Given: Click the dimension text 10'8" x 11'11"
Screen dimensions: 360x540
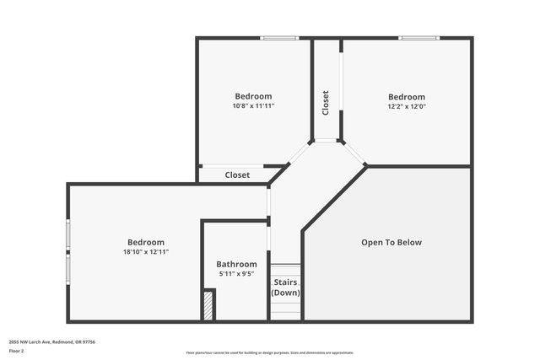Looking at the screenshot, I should (x=253, y=106).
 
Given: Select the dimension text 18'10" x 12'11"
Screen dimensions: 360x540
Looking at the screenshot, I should (x=146, y=252).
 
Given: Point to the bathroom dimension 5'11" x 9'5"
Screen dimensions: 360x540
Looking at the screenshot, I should (x=236, y=274).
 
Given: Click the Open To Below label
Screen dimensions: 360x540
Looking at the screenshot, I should (x=391, y=243).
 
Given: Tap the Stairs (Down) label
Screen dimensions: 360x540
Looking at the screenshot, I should (x=285, y=287).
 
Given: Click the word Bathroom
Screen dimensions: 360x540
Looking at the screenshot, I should (x=236, y=264).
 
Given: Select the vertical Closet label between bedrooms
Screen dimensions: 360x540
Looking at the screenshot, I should (x=326, y=103).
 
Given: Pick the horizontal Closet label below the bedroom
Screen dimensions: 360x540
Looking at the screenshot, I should (x=237, y=175).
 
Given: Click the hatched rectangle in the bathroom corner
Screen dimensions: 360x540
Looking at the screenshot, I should (x=208, y=305).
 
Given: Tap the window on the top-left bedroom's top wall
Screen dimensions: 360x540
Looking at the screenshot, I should (x=279, y=38).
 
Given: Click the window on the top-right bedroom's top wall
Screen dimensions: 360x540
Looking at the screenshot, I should (x=419, y=38).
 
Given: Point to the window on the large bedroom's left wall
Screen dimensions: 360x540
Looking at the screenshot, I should (x=68, y=250).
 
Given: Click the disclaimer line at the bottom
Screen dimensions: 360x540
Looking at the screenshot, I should (x=270, y=352).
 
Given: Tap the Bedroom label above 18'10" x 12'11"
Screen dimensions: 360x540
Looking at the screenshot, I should (x=146, y=242).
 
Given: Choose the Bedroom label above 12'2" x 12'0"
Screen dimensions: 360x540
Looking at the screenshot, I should (x=406, y=96).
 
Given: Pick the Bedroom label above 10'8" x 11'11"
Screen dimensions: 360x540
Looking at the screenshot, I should (x=253, y=96).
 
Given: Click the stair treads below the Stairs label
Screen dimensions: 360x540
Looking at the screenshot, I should (x=285, y=310).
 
